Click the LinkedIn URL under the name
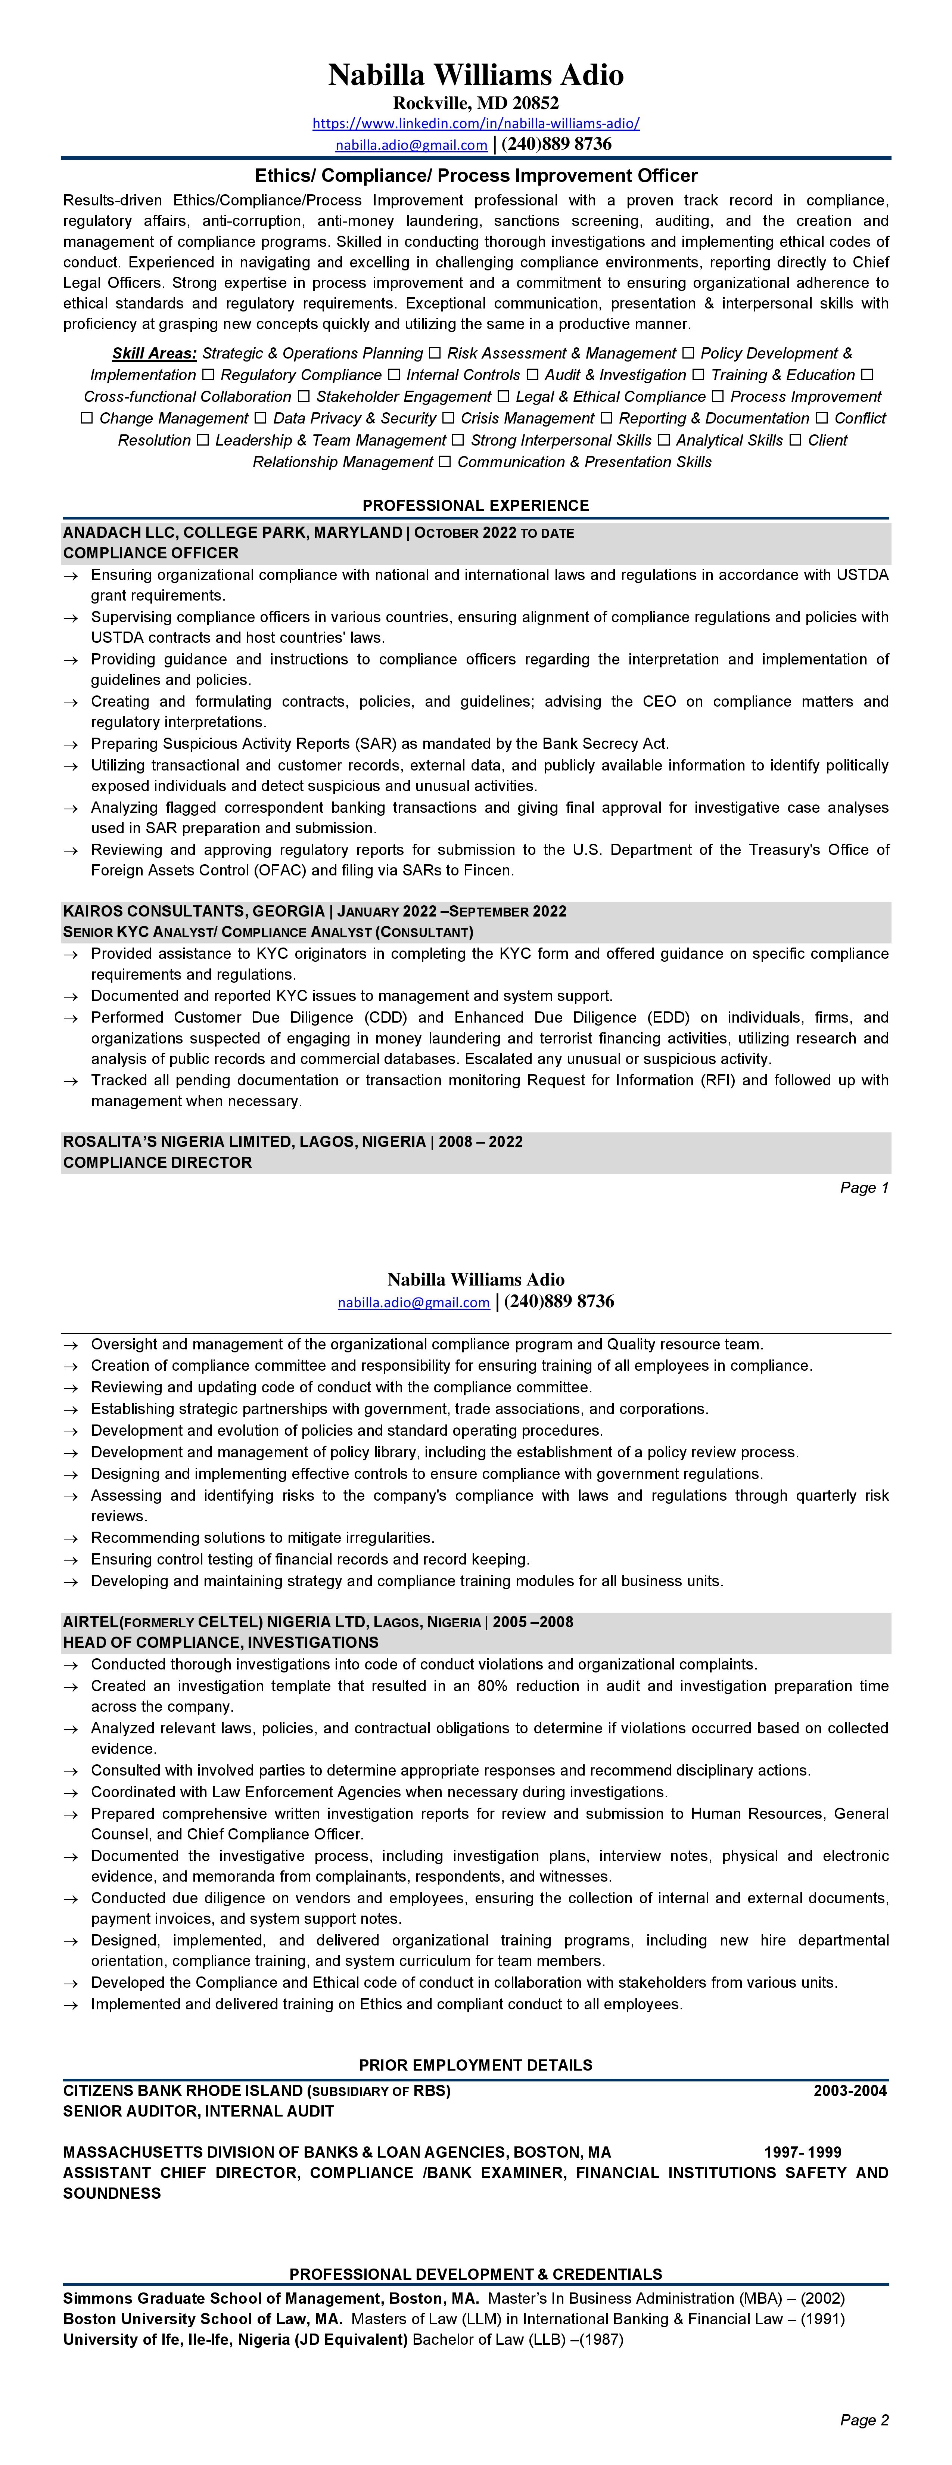476,124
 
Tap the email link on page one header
410,145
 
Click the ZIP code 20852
535,102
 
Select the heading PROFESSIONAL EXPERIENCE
476,505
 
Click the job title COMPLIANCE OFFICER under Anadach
150,553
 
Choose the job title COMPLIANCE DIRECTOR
157,1163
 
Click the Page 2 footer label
864,2420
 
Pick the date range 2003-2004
850,2091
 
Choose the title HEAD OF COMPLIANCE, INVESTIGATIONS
220,1643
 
